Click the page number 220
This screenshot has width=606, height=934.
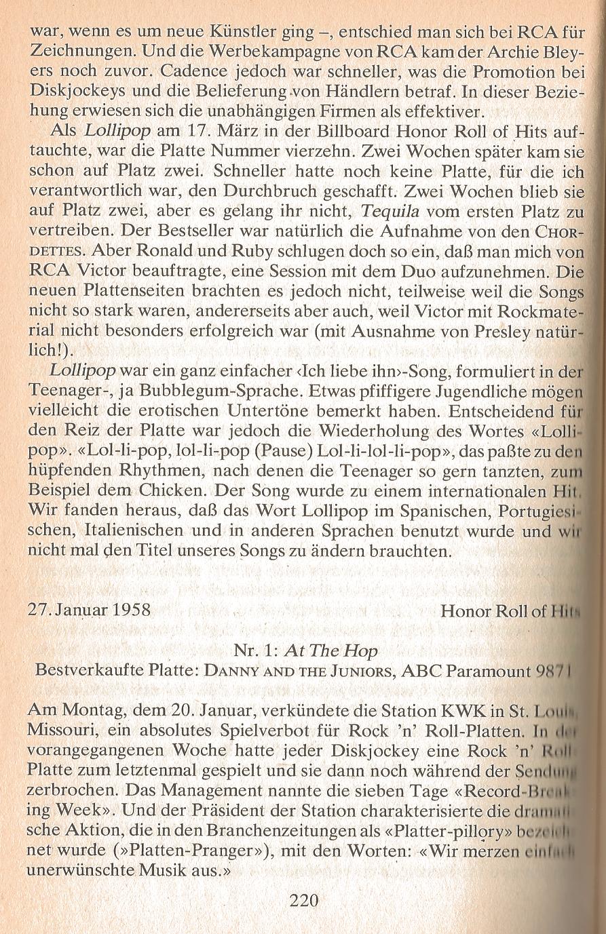pyautogui.click(x=303, y=901)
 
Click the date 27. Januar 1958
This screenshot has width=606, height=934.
pyautogui.click(x=89, y=610)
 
